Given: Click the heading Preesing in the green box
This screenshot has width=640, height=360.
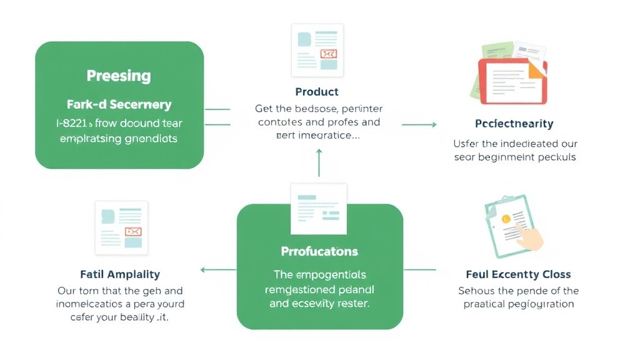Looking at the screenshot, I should [119, 76].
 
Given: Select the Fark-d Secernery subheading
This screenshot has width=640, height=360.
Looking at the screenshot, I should [119, 105].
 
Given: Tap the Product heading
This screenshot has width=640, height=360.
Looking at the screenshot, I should [317, 92].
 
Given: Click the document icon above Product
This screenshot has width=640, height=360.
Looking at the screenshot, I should [317, 50].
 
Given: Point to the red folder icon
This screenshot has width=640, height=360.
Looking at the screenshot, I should [512, 80].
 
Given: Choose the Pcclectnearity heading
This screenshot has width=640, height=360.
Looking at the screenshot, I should [514, 124].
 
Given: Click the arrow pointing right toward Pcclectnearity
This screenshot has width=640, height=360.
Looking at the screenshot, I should [419, 125].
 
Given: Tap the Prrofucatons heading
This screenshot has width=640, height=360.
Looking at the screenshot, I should [319, 251].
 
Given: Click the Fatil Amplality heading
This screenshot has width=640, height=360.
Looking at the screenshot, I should [120, 274].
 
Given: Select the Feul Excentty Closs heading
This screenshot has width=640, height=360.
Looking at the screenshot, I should [518, 274].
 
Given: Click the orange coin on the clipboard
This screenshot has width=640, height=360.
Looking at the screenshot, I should [506, 219].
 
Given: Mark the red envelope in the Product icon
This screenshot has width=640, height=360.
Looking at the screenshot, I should [328, 54].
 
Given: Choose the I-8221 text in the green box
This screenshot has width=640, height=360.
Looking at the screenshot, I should [74, 124].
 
